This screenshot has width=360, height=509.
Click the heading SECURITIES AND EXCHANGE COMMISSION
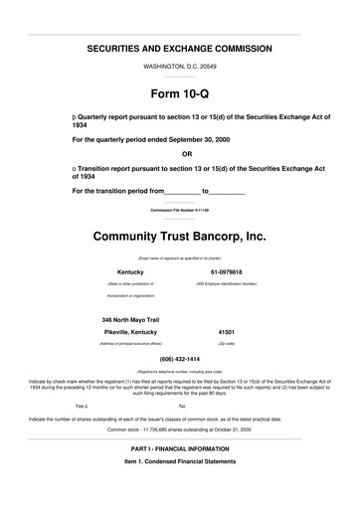click(180, 49)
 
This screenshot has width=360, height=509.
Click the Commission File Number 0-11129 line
click(180, 212)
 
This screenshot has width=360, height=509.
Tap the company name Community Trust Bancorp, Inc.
click(180, 238)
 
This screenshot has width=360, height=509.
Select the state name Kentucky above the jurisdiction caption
click(131, 271)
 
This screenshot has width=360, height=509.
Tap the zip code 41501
click(226, 331)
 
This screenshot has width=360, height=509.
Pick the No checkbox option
click(182, 407)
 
